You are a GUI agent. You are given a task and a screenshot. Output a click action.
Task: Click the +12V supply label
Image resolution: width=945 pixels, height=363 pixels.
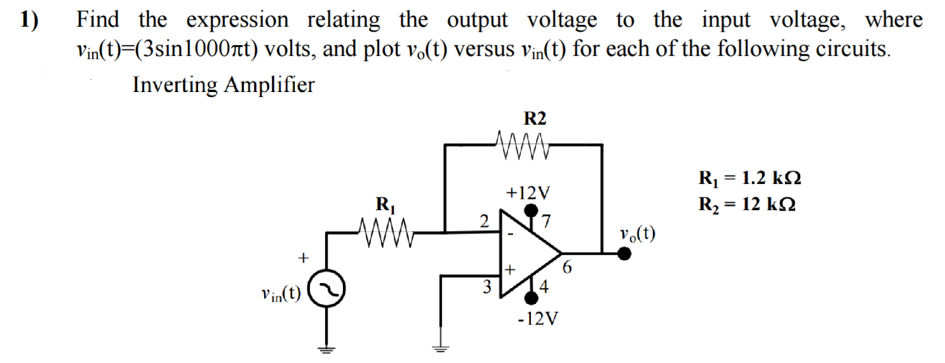coord(528,192)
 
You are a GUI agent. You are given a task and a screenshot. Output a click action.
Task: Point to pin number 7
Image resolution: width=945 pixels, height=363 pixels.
coord(546,221)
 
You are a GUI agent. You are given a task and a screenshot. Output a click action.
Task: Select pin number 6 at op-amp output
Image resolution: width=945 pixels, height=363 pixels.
coord(567,269)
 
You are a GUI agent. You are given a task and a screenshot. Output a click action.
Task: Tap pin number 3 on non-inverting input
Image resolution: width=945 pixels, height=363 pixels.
coord(488,286)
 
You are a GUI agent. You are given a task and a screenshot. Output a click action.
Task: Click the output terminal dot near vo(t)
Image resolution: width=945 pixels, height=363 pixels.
coord(624,254)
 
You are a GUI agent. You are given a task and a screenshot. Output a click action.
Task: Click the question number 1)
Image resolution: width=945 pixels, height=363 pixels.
coord(29,20)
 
